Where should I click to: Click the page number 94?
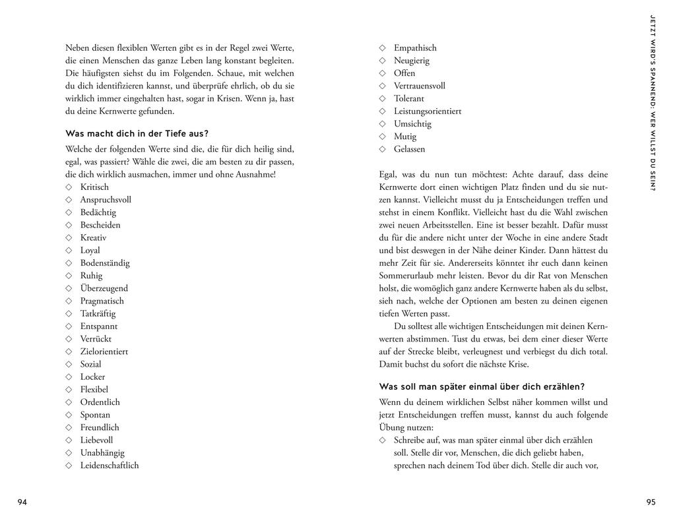click(22, 503)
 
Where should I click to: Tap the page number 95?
click(651, 503)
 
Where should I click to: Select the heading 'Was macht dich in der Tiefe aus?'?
click(137, 133)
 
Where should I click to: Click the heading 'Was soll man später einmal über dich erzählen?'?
click(482, 386)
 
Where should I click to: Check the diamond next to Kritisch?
click(69, 187)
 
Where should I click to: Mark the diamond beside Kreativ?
click(69, 238)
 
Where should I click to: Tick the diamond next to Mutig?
click(382, 137)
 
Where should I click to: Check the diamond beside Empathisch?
click(382, 48)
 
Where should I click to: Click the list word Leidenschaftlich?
click(110, 466)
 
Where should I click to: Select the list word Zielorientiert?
click(104, 352)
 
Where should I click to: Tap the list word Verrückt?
click(96, 339)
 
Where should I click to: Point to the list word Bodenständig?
click(105, 263)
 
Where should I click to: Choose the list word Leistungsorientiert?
click(428, 111)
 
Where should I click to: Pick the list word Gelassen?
click(410, 149)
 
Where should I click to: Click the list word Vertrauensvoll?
click(420, 86)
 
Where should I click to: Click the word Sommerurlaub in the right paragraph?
click(408, 276)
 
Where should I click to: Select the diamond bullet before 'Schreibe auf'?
click(382, 440)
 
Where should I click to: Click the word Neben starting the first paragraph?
click(78, 48)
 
